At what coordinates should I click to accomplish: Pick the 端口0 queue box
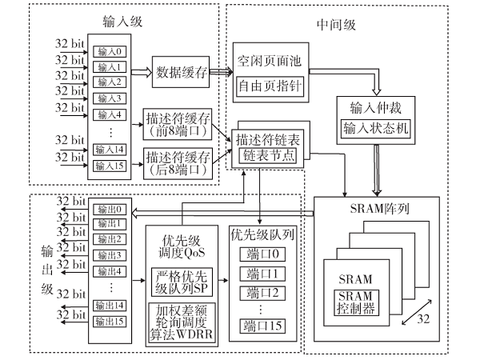(262, 256)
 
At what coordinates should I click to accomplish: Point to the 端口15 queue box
(262, 325)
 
